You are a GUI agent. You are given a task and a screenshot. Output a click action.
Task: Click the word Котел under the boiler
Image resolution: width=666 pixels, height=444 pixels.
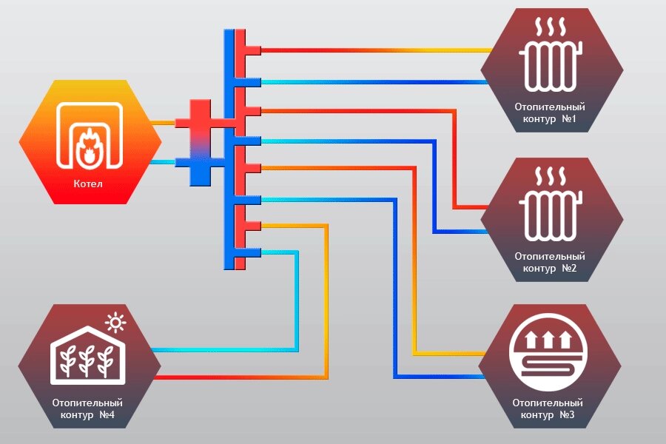[88, 184]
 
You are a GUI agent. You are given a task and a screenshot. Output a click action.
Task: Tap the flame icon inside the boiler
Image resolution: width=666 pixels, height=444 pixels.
[90, 147]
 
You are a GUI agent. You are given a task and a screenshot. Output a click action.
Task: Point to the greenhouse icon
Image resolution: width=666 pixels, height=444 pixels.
[88, 355]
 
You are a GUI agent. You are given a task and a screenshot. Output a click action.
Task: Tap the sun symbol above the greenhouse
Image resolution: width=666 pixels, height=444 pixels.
[115, 323]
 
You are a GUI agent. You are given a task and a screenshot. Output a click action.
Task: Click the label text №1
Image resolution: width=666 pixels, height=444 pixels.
[569, 118]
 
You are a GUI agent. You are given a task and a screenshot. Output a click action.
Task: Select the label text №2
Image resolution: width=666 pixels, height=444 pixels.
[569, 268]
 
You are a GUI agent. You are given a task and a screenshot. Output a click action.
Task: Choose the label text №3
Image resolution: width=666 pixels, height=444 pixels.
[567, 414]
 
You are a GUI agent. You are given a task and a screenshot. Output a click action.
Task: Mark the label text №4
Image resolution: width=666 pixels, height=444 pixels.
[107, 414]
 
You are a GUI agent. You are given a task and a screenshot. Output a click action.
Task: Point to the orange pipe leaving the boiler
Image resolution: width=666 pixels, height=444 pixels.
[164, 123]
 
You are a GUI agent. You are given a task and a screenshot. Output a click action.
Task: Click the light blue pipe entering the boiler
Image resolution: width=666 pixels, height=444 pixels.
[164, 162]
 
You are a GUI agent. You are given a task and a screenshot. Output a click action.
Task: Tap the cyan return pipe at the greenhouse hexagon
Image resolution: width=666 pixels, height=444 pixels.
[225, 350]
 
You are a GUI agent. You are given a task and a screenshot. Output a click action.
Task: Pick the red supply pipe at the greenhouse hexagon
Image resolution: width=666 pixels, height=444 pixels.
[240, 377]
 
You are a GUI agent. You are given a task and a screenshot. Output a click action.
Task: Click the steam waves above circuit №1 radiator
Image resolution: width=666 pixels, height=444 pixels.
[551, 27]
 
